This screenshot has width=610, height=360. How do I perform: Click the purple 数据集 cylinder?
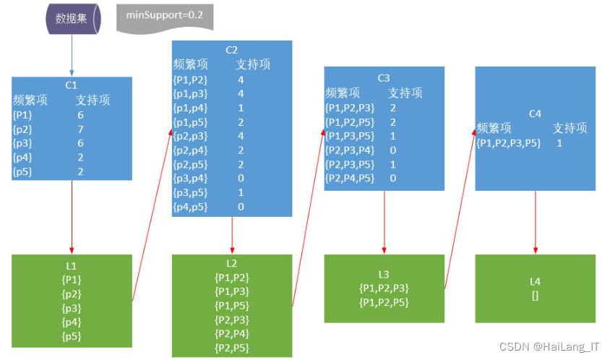pyautogui.click(x=72, y=19)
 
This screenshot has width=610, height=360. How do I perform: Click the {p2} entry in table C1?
pyautogui.click(x=23, y=129)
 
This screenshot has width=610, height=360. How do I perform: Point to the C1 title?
pyautogui.click(x=72, y=85)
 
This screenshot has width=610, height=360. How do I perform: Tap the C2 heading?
pyautogui.click(x=231, y=50)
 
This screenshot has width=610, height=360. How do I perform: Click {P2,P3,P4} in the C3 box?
pyautogui.click(x=350, y=150)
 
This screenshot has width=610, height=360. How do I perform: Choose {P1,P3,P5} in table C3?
pyautogui.click(x=350, y=136)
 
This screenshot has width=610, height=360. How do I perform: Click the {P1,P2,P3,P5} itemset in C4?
pyautogui.click(x=507, y=143)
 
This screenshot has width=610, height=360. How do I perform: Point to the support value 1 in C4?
pyautogui.click(x=559, y=143)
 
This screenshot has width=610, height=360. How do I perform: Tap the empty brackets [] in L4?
pyautogui.click(x=535, y=295)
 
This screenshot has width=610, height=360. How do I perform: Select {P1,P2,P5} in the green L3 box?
pyautogui.click(x=384, y=302)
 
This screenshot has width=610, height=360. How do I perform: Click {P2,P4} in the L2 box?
pyautogui.click(x=231, y=333)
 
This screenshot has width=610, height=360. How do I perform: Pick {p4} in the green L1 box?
pyautogui.click(x=72, y=322)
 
